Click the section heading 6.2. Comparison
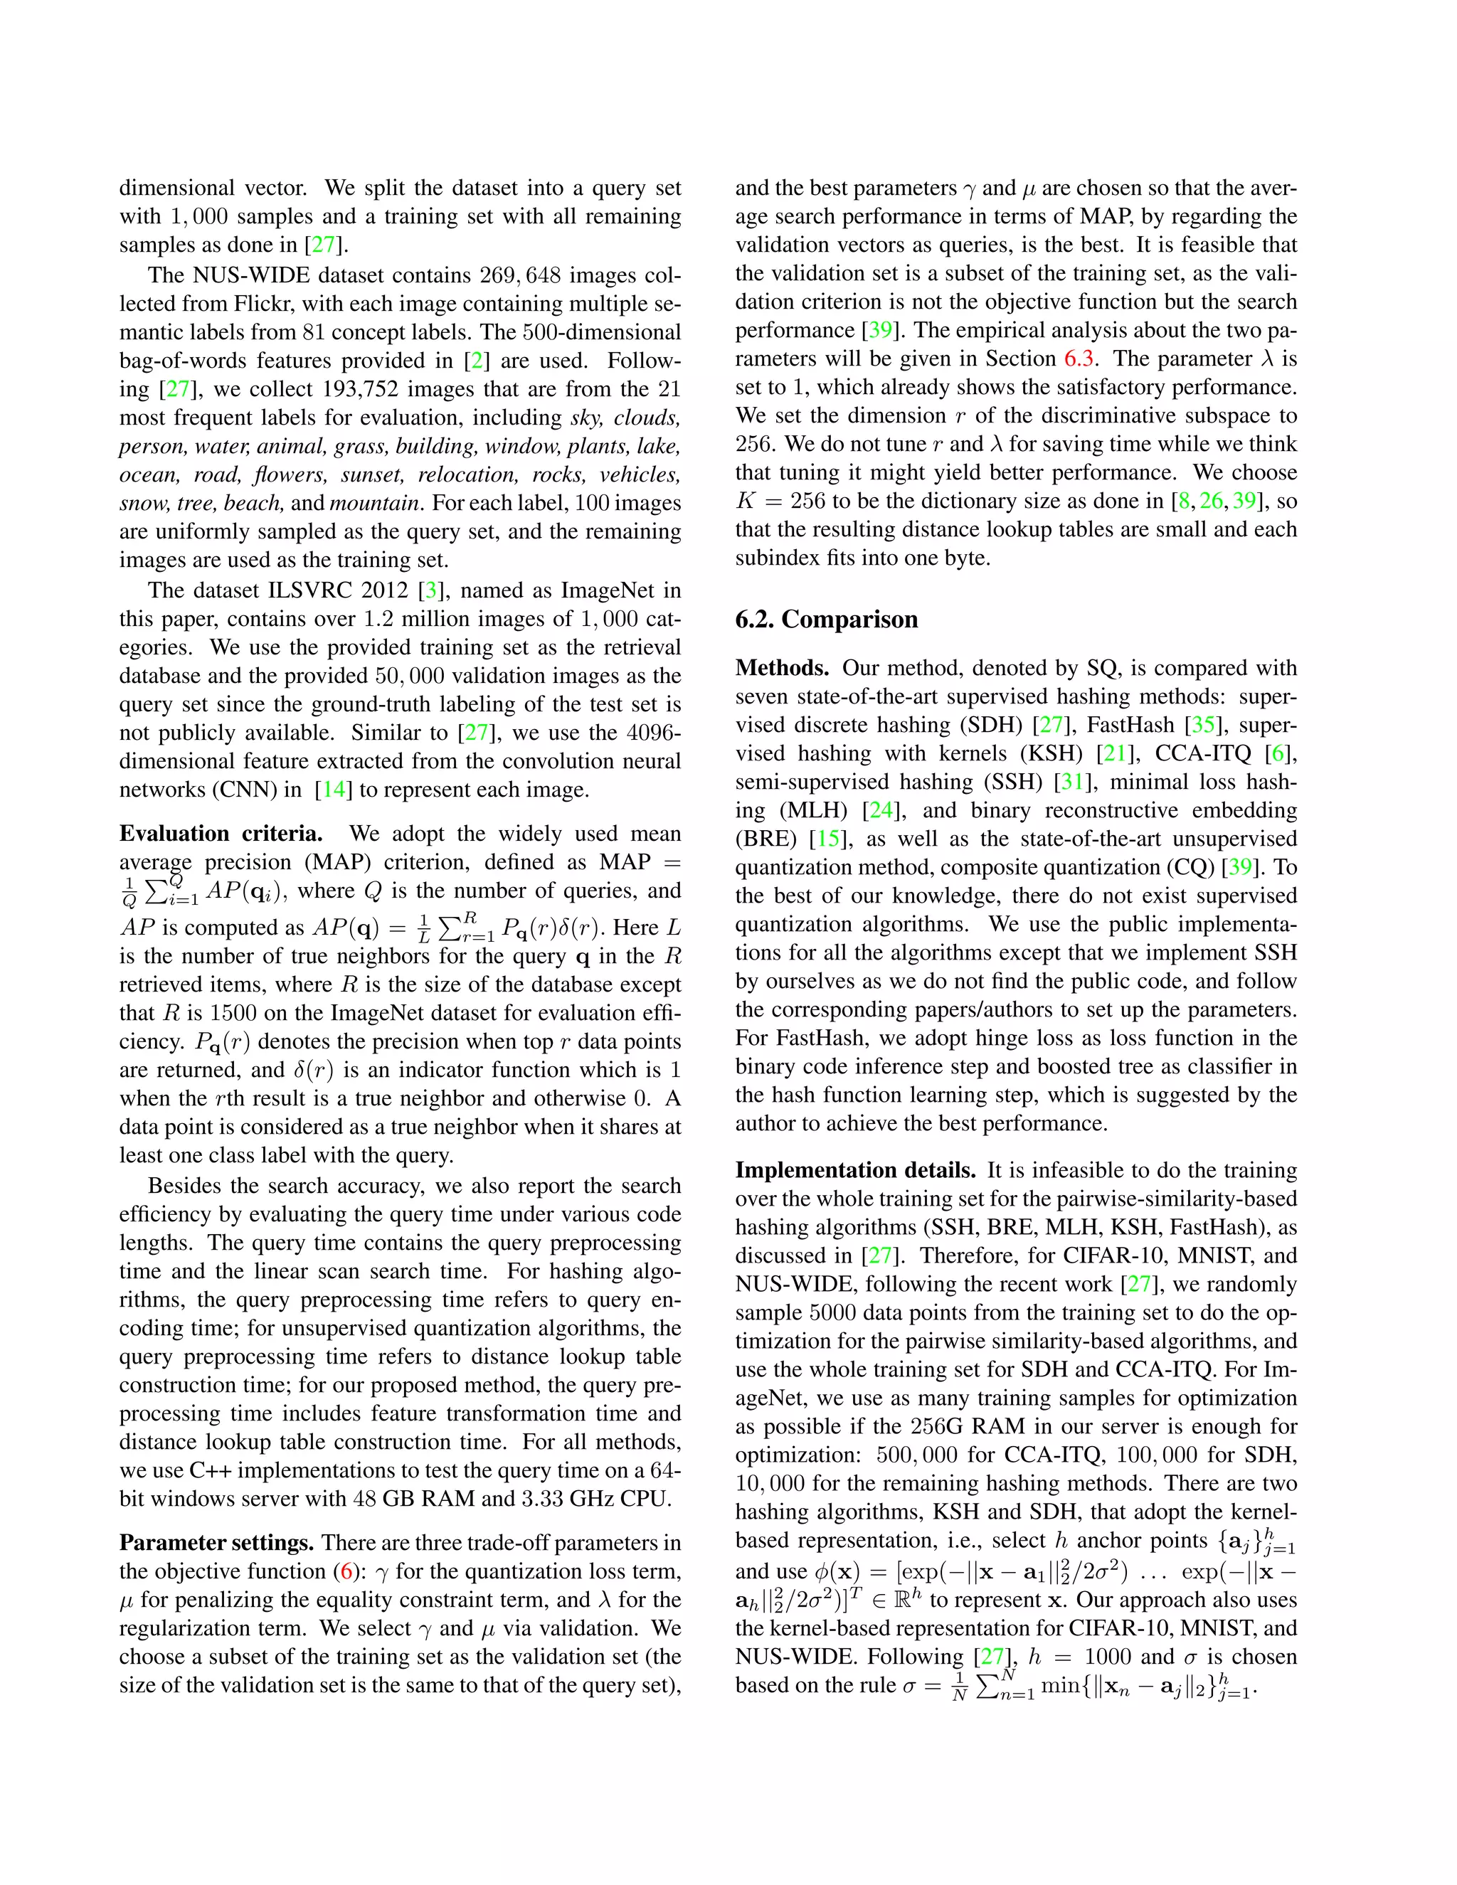[x=826, y=620]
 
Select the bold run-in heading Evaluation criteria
[x=221, y=834]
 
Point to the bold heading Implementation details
[x=855, y=1170]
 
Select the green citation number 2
[x=477, y=361]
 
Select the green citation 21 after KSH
[x=1114, y=753]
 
